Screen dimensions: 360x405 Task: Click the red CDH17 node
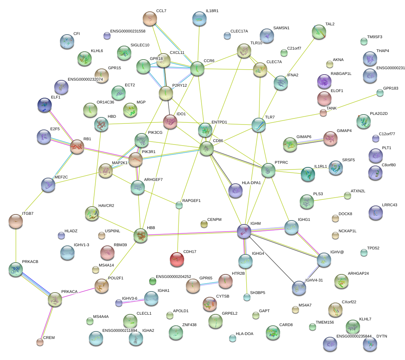click(x=177, y=259)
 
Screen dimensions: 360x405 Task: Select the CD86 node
click(x=206, y=148)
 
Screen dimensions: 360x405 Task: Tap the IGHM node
click(x=244, y=231)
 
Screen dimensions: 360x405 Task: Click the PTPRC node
click(x=268, y=171)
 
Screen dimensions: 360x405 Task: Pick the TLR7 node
click(x=259, y=125)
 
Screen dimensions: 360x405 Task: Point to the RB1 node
click(x=77, y=147)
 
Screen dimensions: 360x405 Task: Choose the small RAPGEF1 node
click(x=179, y=205)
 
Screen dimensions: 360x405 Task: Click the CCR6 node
click(x=197, y=69)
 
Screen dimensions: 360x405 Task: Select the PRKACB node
click(x=16, y=269)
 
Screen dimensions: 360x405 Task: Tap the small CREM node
click(x=40, y=342)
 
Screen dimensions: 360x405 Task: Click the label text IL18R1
click(x=212, y=11)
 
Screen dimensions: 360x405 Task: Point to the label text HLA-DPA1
click(x=252, y=183)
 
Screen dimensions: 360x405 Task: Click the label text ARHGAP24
click(x=358, y=274)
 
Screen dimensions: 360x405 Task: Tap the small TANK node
click(x=323, y=113)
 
